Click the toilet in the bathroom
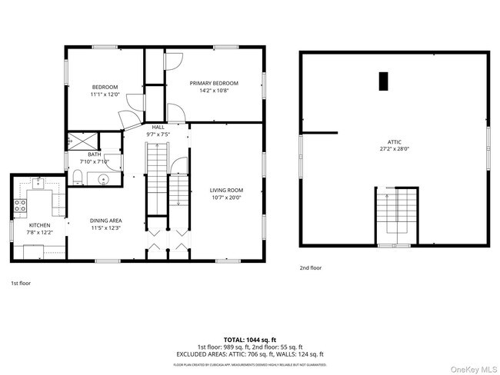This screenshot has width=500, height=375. point(78,179)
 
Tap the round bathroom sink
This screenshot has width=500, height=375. point(104,180)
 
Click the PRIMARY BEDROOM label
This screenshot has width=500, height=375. point(213,83)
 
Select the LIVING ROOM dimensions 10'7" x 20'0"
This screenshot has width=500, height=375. point(226,197)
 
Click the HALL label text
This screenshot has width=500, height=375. point(158,127)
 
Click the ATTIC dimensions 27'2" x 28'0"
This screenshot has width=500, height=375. point(394,150)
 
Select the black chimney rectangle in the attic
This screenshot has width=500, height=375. point(383,81)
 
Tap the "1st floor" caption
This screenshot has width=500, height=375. point(21,283)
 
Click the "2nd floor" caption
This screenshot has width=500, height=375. point(311,267)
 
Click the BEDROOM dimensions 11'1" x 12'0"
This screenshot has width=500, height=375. point(104,95)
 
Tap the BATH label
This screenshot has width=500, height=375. point(95,154)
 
